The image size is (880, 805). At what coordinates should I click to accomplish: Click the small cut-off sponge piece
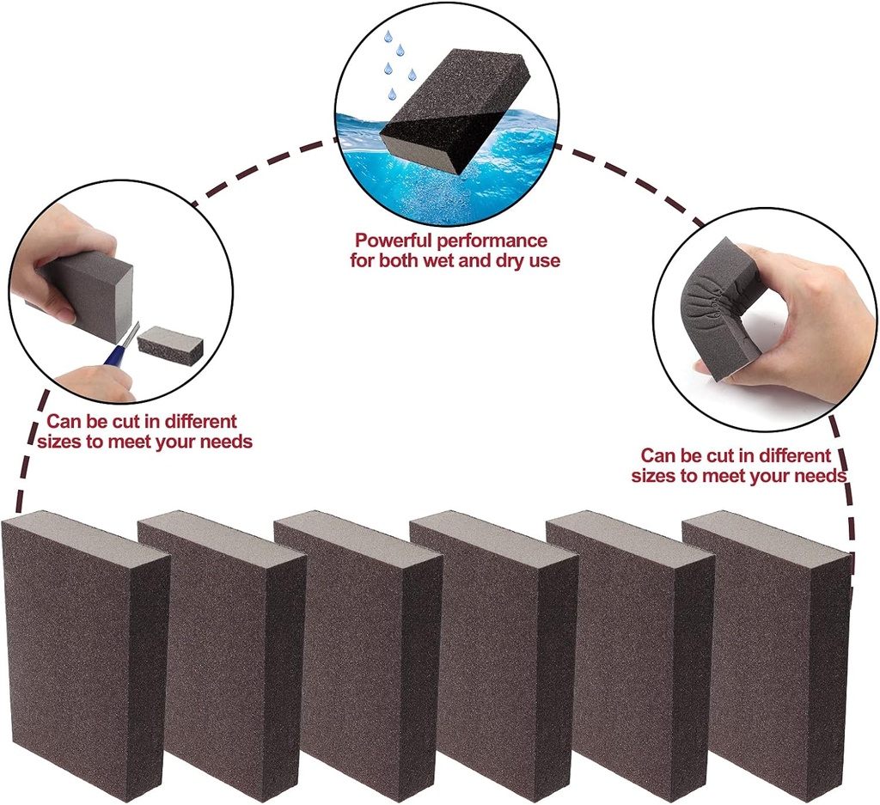click(x=170, y=345)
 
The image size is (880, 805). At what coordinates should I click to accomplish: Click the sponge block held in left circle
click(x=90, y=292)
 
